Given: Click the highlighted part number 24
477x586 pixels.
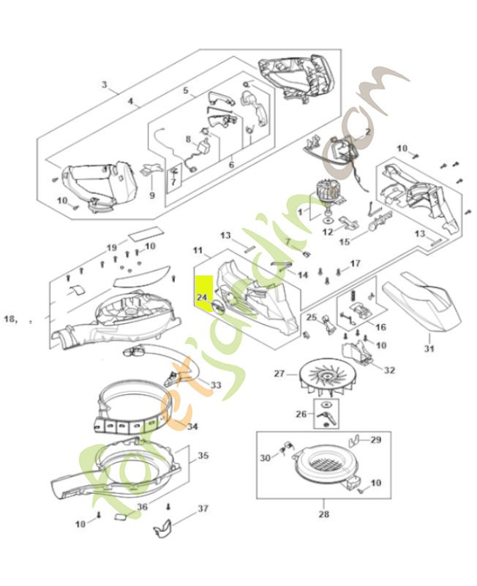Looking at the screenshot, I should [202, 298].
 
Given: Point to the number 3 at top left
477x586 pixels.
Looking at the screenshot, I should [105, 85].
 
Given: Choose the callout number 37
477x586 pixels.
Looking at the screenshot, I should [203, 508].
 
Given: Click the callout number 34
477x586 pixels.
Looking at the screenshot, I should [192, 426].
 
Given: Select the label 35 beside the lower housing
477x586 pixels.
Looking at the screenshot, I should [203, 456].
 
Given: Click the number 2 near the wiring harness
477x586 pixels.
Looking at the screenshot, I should [367, 131].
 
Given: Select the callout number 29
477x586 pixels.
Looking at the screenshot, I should [376, 439].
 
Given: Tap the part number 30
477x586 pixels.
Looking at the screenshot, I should [265, 457].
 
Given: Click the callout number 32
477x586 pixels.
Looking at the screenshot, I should [388, 370].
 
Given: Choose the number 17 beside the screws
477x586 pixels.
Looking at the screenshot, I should [355, 263].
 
